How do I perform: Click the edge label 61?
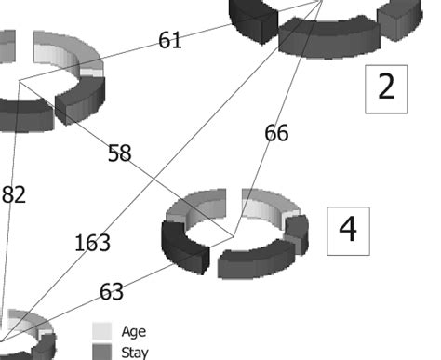(x=170, y=40)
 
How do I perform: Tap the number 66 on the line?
(x=276, y=133)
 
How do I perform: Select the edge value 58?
(x=119, y=153)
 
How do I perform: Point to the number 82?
(x=14, y=193)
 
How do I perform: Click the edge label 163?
(x=92, y=244)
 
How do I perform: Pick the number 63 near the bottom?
(x=112, y=292)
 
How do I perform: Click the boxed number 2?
(x=386, y=87)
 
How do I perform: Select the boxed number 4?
(x=348, y=229)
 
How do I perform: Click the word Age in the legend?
(x=134, y=330)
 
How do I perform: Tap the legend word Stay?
(x=135, y=352)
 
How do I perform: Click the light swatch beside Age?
(x=102, y=330)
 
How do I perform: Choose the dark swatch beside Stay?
(x=102, y=352)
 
